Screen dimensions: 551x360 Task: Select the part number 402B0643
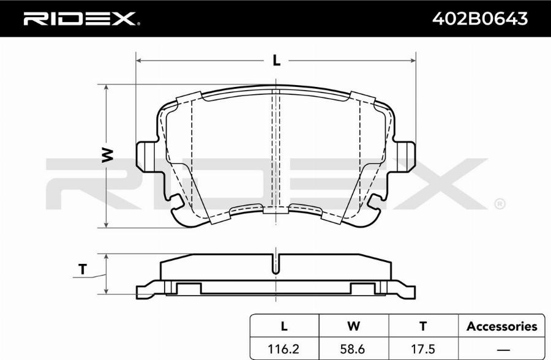click(479, 18)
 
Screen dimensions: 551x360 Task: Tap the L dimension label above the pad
click(277, 61)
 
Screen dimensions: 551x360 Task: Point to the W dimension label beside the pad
click(108, 155)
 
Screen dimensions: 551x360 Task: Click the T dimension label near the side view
click(82, 269)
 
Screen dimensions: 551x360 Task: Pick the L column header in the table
click(284, 326)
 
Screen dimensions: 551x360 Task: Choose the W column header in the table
click(353, 326)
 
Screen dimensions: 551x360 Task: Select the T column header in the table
click(423, 326)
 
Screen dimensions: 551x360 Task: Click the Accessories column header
click(502, 326)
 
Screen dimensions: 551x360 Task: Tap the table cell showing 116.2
click(283, 349)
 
